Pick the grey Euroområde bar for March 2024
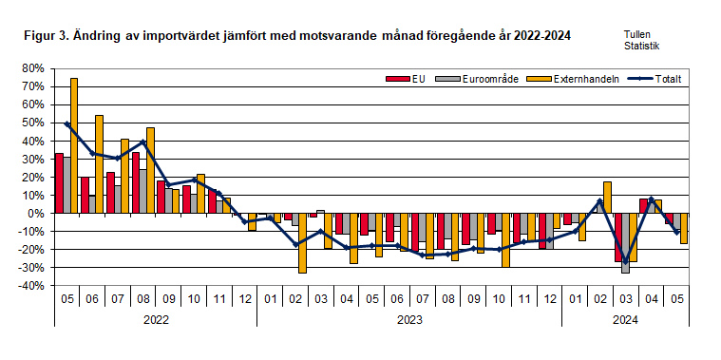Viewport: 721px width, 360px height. click(x=625, y=243)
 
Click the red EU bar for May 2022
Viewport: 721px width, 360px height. click(x=59, y=182)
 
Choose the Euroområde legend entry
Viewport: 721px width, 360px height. click(x=481, y=78)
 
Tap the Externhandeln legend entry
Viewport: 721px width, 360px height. click(x=575, y=78)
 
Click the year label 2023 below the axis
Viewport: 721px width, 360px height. click(x=409, y=321)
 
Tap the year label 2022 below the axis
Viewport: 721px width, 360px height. click(x=156, y=321)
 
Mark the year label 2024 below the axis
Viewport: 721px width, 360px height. click(x=625, y=321)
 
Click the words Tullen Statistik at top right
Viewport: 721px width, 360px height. click(x=641, y=39)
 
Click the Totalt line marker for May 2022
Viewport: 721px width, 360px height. click(x=66, y=123)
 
